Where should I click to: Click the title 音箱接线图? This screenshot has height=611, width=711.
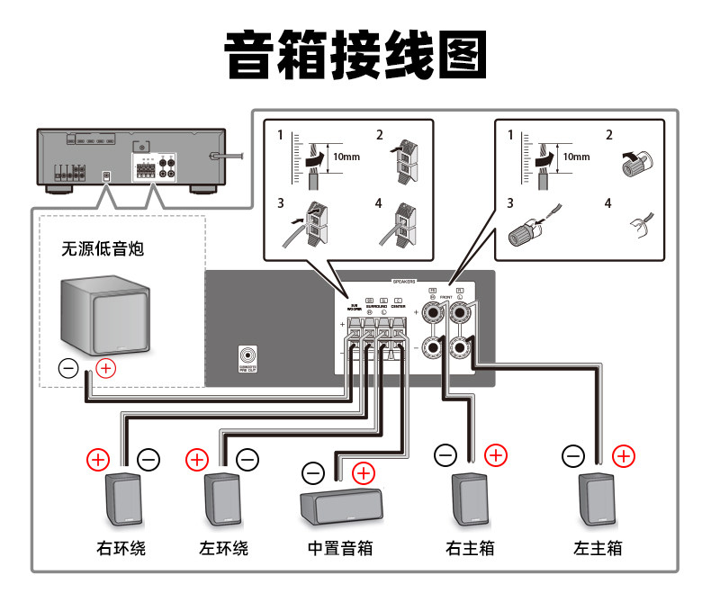[355, 56]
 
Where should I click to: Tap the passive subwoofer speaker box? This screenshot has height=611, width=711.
[103, 315]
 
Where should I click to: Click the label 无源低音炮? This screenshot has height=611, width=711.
[102, 248]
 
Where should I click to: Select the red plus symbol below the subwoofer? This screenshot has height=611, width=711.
[105, 367]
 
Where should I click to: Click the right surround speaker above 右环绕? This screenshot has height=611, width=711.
[123, 499]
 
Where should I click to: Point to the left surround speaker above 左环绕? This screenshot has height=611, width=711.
[221, 499]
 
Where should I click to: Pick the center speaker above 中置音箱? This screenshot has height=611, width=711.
[339, 508]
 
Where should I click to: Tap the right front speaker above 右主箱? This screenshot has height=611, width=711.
[469, 499]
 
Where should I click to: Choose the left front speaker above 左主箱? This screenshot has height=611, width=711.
[597, 499]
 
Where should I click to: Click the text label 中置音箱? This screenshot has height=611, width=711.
[339, 547]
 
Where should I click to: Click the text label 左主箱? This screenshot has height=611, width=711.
[597, 547]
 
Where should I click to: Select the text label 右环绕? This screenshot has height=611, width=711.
[121, 547]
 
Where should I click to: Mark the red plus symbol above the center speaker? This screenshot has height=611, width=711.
[364, 471]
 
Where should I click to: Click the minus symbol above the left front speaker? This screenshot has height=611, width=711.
[572, 456]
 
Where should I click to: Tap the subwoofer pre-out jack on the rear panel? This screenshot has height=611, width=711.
[249, 355]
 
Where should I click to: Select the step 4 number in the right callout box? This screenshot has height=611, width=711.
[609, 204]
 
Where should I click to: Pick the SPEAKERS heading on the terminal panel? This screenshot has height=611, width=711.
[404, 281]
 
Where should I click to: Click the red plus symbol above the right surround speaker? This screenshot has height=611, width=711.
[97, 460]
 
